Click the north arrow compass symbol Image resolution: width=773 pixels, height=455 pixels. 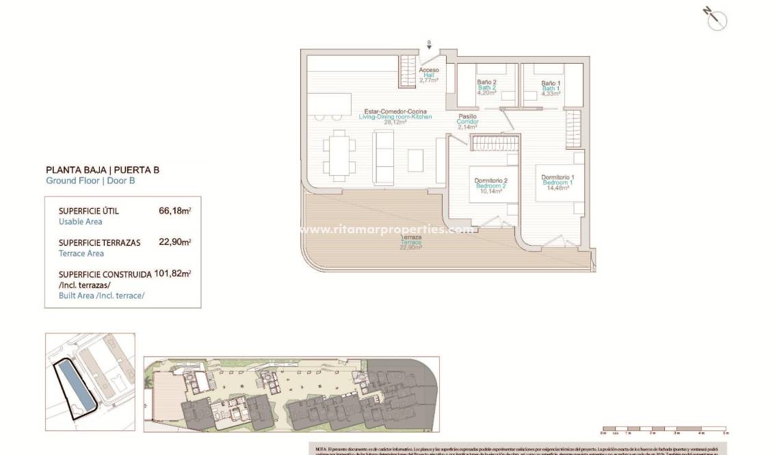716,18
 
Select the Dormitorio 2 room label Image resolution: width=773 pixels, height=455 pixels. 490,181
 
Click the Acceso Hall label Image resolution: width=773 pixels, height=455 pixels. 429,70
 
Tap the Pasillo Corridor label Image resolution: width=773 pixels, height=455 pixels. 468,117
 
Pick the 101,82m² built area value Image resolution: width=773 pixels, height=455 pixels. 173,273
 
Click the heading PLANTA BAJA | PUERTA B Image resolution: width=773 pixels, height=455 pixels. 102,170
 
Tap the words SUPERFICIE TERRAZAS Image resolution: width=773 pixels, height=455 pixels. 99,242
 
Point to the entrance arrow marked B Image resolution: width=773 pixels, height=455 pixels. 429,46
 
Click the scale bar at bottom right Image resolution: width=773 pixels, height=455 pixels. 664,430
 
